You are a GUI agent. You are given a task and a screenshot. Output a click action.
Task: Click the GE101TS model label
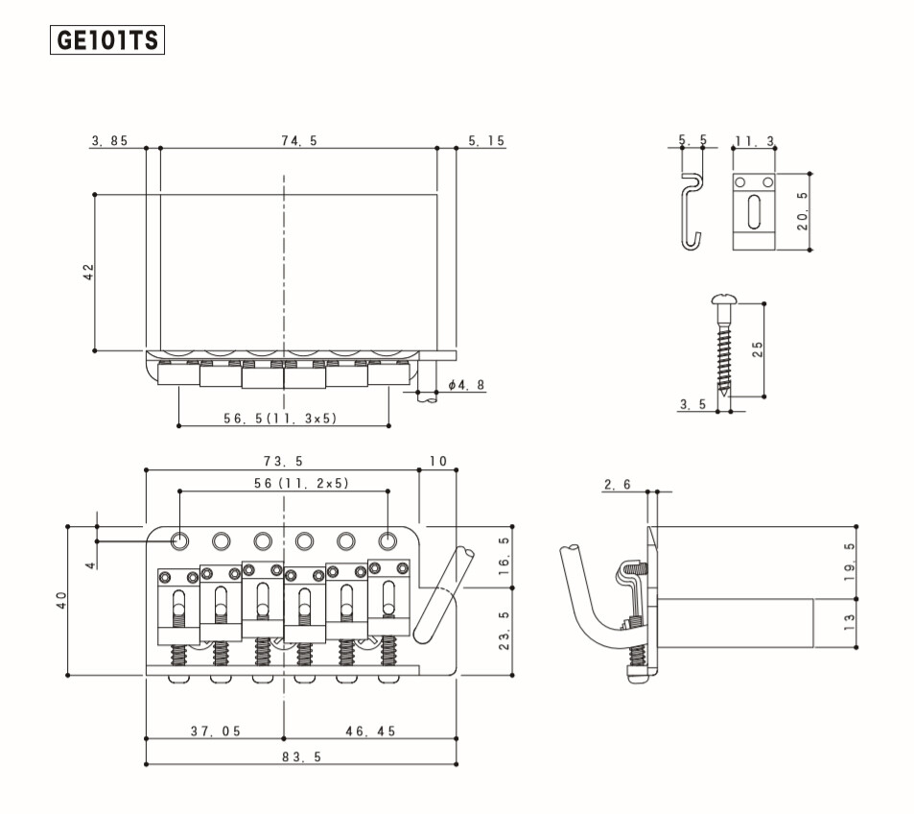pyautogui.click(x=107, y=40)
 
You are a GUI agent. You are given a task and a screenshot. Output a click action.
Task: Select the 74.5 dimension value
pyautogui.click(x=299, y=141)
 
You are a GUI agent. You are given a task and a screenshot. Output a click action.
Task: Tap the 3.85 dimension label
pyautogui.click(x=109, y=141)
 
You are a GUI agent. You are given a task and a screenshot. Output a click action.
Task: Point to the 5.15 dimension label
pyautogui.click(x=486, y=141)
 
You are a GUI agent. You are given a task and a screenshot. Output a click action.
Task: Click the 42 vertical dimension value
pyautogui.click(x=88, y=272)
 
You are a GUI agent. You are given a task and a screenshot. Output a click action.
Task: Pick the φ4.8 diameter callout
pyautogui.click(x=467, y=385)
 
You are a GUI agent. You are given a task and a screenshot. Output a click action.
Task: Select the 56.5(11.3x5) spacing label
pyautogui.click(x=280, y=419)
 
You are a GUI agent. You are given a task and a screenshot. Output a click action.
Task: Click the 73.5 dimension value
pyautogui.click(x=283, y=462)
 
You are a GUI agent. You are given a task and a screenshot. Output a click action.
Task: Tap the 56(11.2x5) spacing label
pyautogui.click(x=301, y=483)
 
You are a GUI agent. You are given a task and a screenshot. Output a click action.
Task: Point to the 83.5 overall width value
pyautogui.click(x=302, y=756)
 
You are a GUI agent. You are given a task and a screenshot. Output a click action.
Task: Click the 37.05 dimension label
pyautogui.click(x=216, y=731)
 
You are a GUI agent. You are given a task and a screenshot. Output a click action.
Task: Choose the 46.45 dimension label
pyautogui.click(x=371, y=731)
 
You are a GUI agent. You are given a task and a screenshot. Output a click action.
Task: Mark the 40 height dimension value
pyautogui.click(x=61, y=601)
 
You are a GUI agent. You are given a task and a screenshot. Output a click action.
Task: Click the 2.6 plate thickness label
pyautogui.click(x=618, y=485)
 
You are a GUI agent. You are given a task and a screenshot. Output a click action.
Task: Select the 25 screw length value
pyautogui.click(x=758, y=349)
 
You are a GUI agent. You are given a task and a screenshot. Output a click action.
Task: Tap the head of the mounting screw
pyautogui.click(x=724, y=299)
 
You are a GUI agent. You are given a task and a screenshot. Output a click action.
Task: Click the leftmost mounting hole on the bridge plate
pyautogui.click(x=180, y=541)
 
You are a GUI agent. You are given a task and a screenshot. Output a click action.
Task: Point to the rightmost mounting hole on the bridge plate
pyautogui.click(x=387, y=541)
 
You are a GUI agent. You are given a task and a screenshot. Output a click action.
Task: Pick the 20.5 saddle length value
pyautogui.click(x=803, y=211)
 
